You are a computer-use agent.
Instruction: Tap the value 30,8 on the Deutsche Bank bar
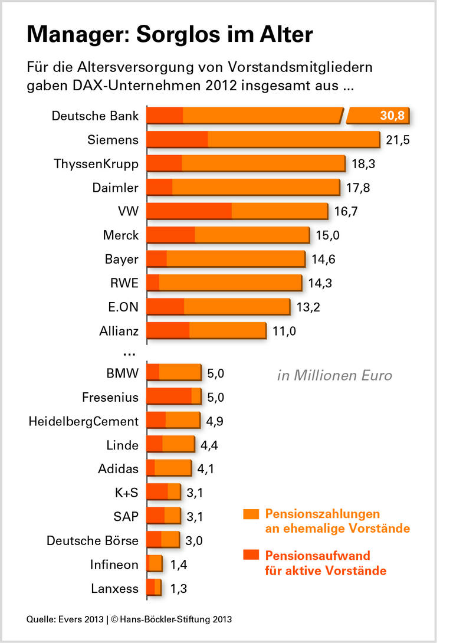(392, 115)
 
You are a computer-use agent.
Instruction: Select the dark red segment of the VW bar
(189, 211)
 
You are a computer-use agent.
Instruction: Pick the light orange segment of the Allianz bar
(228, 330)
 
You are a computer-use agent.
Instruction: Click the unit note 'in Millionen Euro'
(334, 375)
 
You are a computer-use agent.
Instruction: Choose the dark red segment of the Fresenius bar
(169, 396)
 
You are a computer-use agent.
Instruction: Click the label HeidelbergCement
(84, 421)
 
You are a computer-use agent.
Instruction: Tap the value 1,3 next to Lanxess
(179, 588)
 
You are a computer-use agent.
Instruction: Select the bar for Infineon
(155, 564)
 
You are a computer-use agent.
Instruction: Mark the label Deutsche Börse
(93, 540)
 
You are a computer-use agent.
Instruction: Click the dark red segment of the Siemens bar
(177, 139)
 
